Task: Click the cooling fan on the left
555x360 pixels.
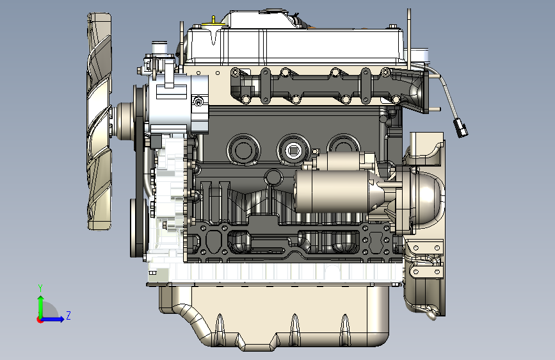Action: [x=99, y=121]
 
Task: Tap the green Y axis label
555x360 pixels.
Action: [x=40, y=288]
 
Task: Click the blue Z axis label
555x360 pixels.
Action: [x=68, y=315]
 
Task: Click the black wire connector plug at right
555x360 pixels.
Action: [x=460, y=128]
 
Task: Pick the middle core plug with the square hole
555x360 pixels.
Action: [x=293, y=151]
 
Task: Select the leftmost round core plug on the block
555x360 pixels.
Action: [x=243, y=149]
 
